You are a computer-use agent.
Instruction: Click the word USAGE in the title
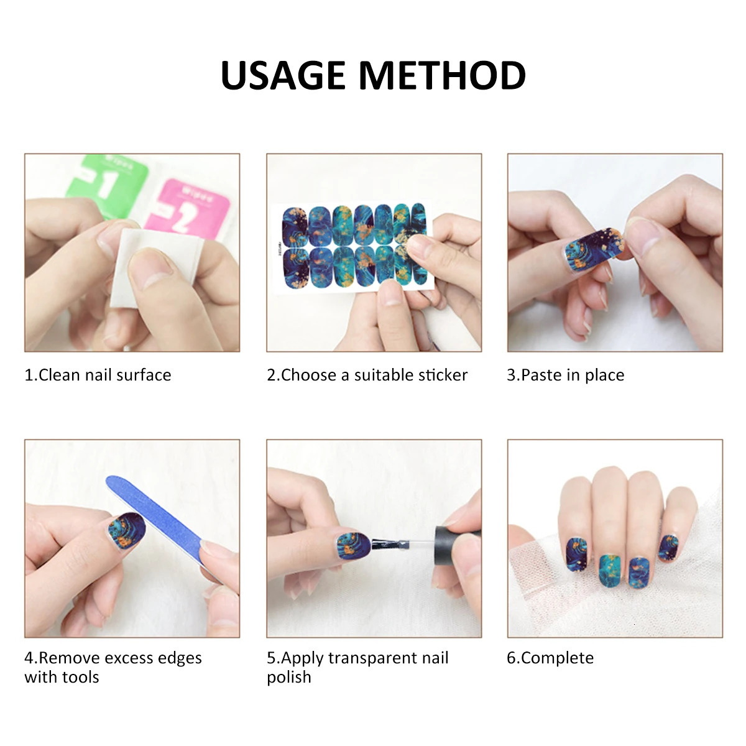pyautogui.click(x=283, y=75)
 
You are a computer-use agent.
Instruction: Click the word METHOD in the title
pyautogui.click(x=442, y=75)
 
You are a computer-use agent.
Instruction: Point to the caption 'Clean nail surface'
pyautogui.click(x=104, y=375)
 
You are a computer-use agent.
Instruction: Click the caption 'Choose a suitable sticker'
pyautogui.click(x=374, y=375)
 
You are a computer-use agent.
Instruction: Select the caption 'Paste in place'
pyautogui.click(x=573, y=375)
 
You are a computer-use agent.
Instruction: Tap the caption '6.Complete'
pyautogui.click(x=550, y=658)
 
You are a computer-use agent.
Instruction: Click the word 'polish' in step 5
pyautogui.click(x=289, y=678)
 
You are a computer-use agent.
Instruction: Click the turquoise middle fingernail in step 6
pyautogui.click(x=610, y=570)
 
